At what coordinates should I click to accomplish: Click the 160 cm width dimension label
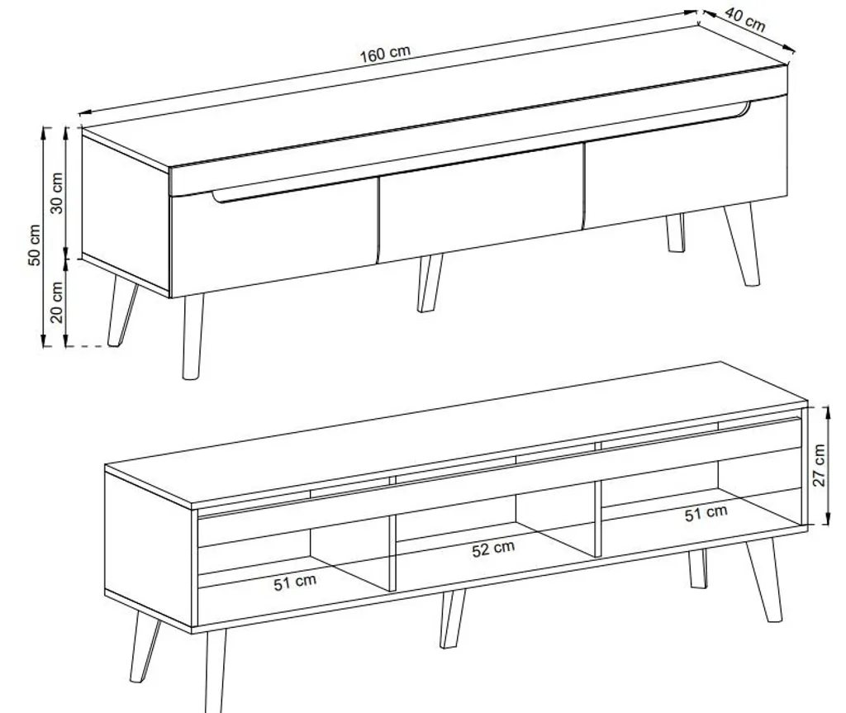385,53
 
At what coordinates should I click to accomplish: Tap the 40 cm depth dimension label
745,20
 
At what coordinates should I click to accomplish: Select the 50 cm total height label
34,245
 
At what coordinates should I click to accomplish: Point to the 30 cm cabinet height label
57,193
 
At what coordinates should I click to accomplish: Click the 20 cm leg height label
57,302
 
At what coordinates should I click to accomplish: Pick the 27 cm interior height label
819,465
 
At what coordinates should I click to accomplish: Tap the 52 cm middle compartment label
493,549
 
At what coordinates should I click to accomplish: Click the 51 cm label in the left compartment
295,582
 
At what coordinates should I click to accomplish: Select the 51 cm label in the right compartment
706,513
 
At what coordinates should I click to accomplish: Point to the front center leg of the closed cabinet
430,283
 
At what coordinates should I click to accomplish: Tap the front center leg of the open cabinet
452,619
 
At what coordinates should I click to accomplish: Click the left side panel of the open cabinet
149,549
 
